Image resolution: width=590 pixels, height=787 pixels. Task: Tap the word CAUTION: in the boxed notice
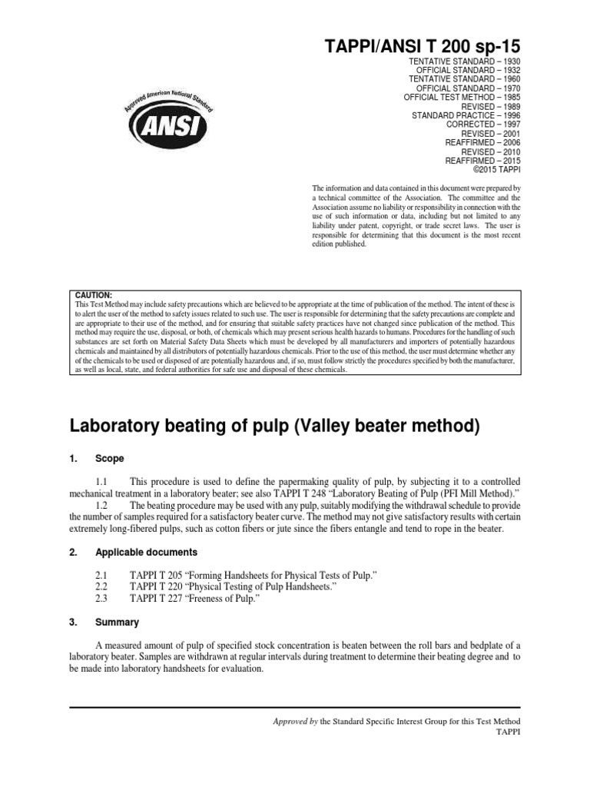click(93, 295)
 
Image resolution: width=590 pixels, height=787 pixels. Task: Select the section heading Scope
click(109, 458)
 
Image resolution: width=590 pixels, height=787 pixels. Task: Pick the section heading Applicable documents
click(146, 552)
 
